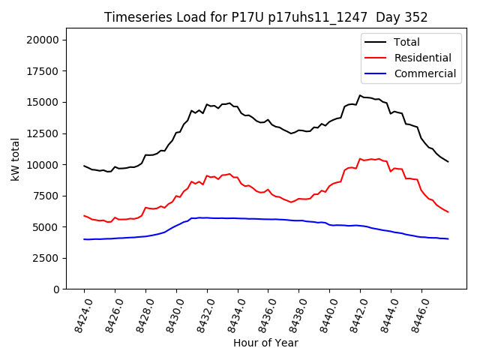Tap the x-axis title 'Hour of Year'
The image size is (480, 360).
point(265,343)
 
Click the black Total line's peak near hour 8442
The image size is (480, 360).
point(360,95)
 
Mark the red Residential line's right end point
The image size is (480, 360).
point(448,212)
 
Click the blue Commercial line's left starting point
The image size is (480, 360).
point(84,239)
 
